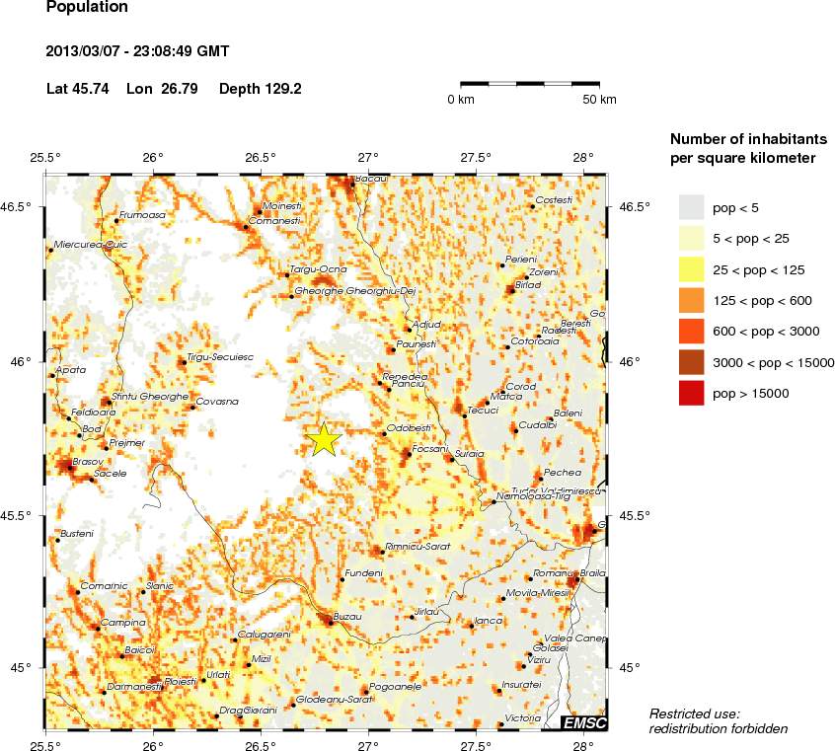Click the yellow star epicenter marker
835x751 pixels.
tap(324, 440)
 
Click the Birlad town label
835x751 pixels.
tap(529, 283)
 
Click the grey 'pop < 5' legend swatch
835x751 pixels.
tap(691, 207)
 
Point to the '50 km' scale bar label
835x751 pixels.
tap(599, 100)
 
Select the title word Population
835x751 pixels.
tap(87, 8)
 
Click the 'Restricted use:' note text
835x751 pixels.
tap(694, 713)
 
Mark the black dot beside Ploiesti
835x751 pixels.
tap(158, 682)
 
